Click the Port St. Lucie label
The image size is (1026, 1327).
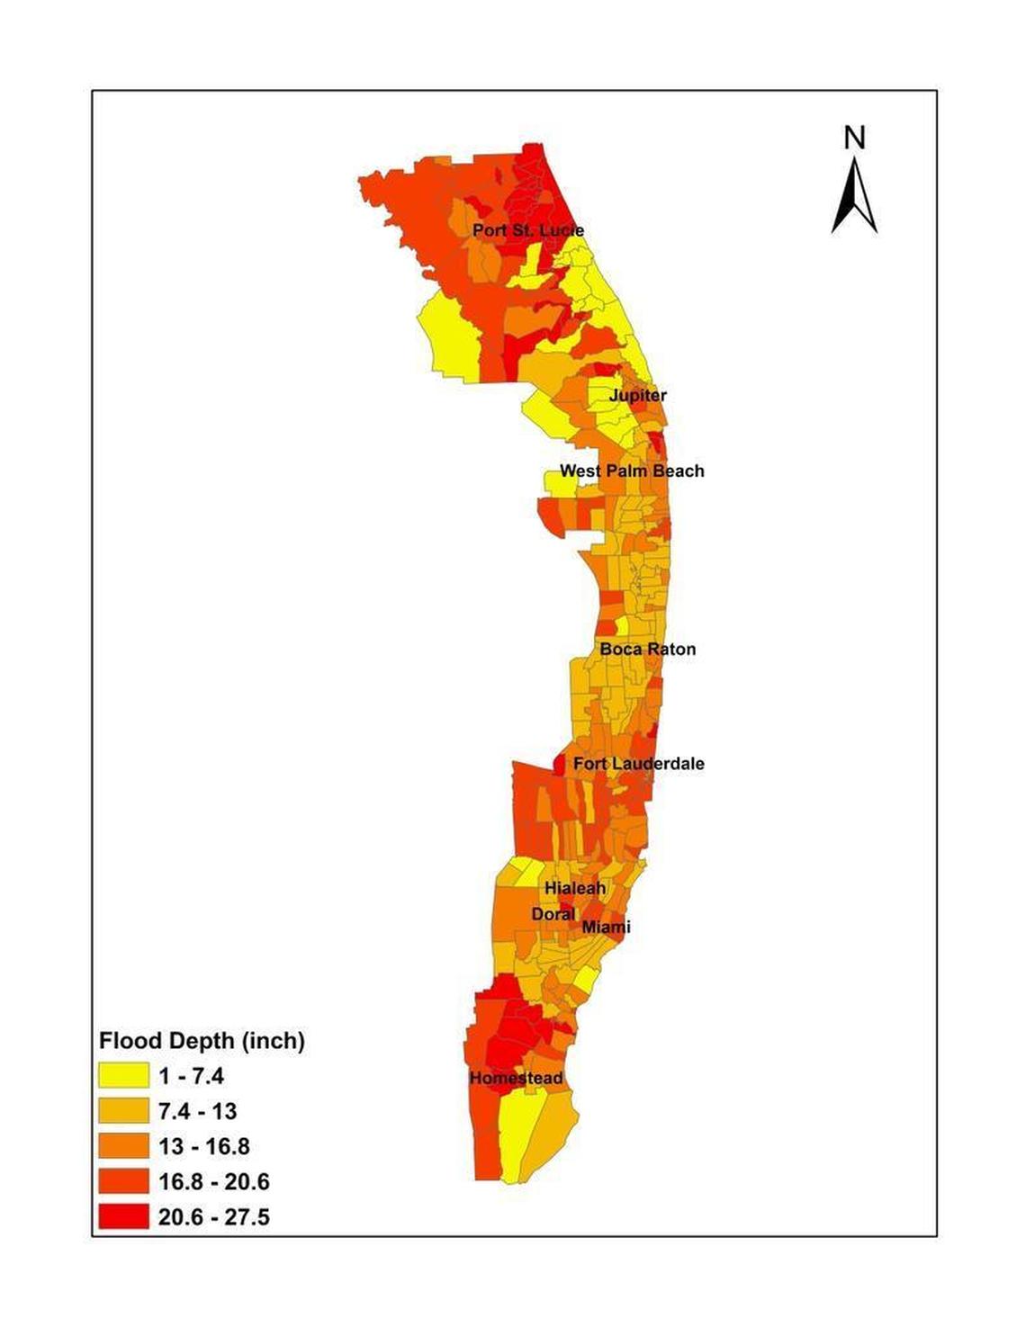(528, 230)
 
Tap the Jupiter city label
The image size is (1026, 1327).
(638, 395)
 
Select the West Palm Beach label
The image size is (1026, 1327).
(632, 471)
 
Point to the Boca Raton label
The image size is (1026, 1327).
(648, 649)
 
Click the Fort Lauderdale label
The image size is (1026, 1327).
(639, 763)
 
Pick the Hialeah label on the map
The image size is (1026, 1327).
(575, 888)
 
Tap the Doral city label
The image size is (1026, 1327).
(553, 913)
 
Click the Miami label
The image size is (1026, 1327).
(607, 927)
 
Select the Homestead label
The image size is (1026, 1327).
(516, 1078)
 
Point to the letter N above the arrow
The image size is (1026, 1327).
(855, 138)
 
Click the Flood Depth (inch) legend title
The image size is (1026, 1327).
(202, 1041)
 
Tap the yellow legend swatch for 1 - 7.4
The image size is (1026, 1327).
(123, 1075)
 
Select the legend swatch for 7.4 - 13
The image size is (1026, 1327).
(123, 1110)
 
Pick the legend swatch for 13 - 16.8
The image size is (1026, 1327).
(123, 1146)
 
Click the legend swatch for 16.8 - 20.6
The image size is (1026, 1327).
(123, 1181)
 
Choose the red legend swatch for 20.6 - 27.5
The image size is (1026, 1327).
(123, 1216)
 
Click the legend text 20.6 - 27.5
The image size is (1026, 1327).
(214, 1216)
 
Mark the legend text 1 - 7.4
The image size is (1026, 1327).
(192, 1075)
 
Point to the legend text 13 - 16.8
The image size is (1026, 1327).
(204, 1146)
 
